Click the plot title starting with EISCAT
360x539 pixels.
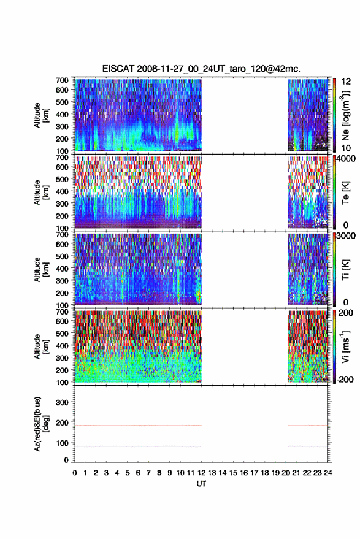coord(201,69)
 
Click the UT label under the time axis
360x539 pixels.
coord(201,484)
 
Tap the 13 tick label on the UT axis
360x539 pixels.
coord(212,473)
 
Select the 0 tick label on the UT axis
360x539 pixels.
coord(75,473)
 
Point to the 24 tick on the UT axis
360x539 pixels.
coord(327,473)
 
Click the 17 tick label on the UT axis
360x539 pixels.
coord(254,473)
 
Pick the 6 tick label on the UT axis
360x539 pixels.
coord(138,473)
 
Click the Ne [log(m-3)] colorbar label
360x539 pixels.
coord(345,115)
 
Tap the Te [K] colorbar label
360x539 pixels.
coord(345,193)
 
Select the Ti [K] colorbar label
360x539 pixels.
coord(345,270)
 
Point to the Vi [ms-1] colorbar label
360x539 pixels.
coord(345,346)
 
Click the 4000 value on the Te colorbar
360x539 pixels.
coord(347,159)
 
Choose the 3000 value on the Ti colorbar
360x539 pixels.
coord(347,236)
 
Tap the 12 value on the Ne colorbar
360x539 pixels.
coord(346,82)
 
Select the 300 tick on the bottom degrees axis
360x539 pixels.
coord(62,402)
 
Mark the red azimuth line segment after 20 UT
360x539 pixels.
coord(308,426)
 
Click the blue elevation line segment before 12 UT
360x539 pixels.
coord(138,446)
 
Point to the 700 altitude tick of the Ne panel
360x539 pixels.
coord(62,80)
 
